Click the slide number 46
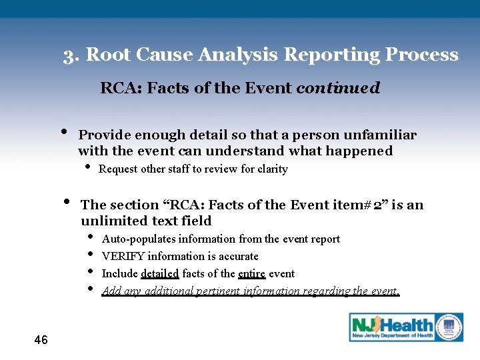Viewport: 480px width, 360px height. click(x=41, y=340)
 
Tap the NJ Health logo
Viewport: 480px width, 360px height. click(x=406, y=327)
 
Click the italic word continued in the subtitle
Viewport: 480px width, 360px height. click(x=338, y=87)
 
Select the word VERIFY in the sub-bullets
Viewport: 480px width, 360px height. click(x=123, y=256)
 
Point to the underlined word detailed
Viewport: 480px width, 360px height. click(x=160, y=273)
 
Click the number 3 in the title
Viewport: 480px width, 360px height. click(x=69, y=55)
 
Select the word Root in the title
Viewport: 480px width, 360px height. click(x=107, y=55)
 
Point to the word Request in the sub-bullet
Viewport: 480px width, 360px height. click(x=117, y=169)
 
